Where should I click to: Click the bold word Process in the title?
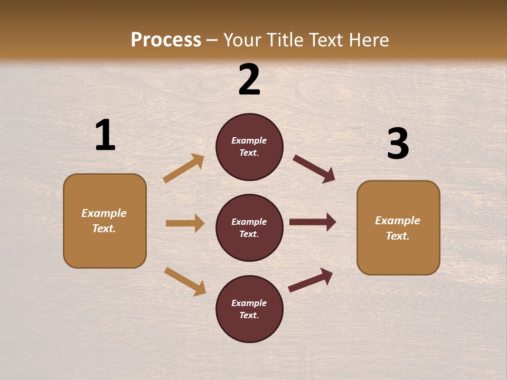coord(166,40)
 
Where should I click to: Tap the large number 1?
coord(105,136)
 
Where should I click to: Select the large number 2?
coord(249,80)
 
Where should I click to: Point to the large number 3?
coord(398,144)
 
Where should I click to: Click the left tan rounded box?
coord(105,221)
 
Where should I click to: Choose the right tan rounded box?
coord(398,227)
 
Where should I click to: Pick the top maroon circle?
coord(249,147)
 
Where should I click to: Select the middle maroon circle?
coord(249,227)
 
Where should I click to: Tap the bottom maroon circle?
coord(249,309)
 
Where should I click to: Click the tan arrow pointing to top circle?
coord(183,168)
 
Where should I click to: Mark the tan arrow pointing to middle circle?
coord(185,223)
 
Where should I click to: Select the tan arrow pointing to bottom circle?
coord(185,281)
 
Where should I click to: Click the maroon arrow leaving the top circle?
coord(314,169)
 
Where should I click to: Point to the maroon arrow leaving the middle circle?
coord(313,222)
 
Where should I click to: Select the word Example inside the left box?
coord(104,213)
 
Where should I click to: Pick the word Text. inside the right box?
coord(398,236)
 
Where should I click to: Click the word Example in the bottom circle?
coord(249,303)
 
